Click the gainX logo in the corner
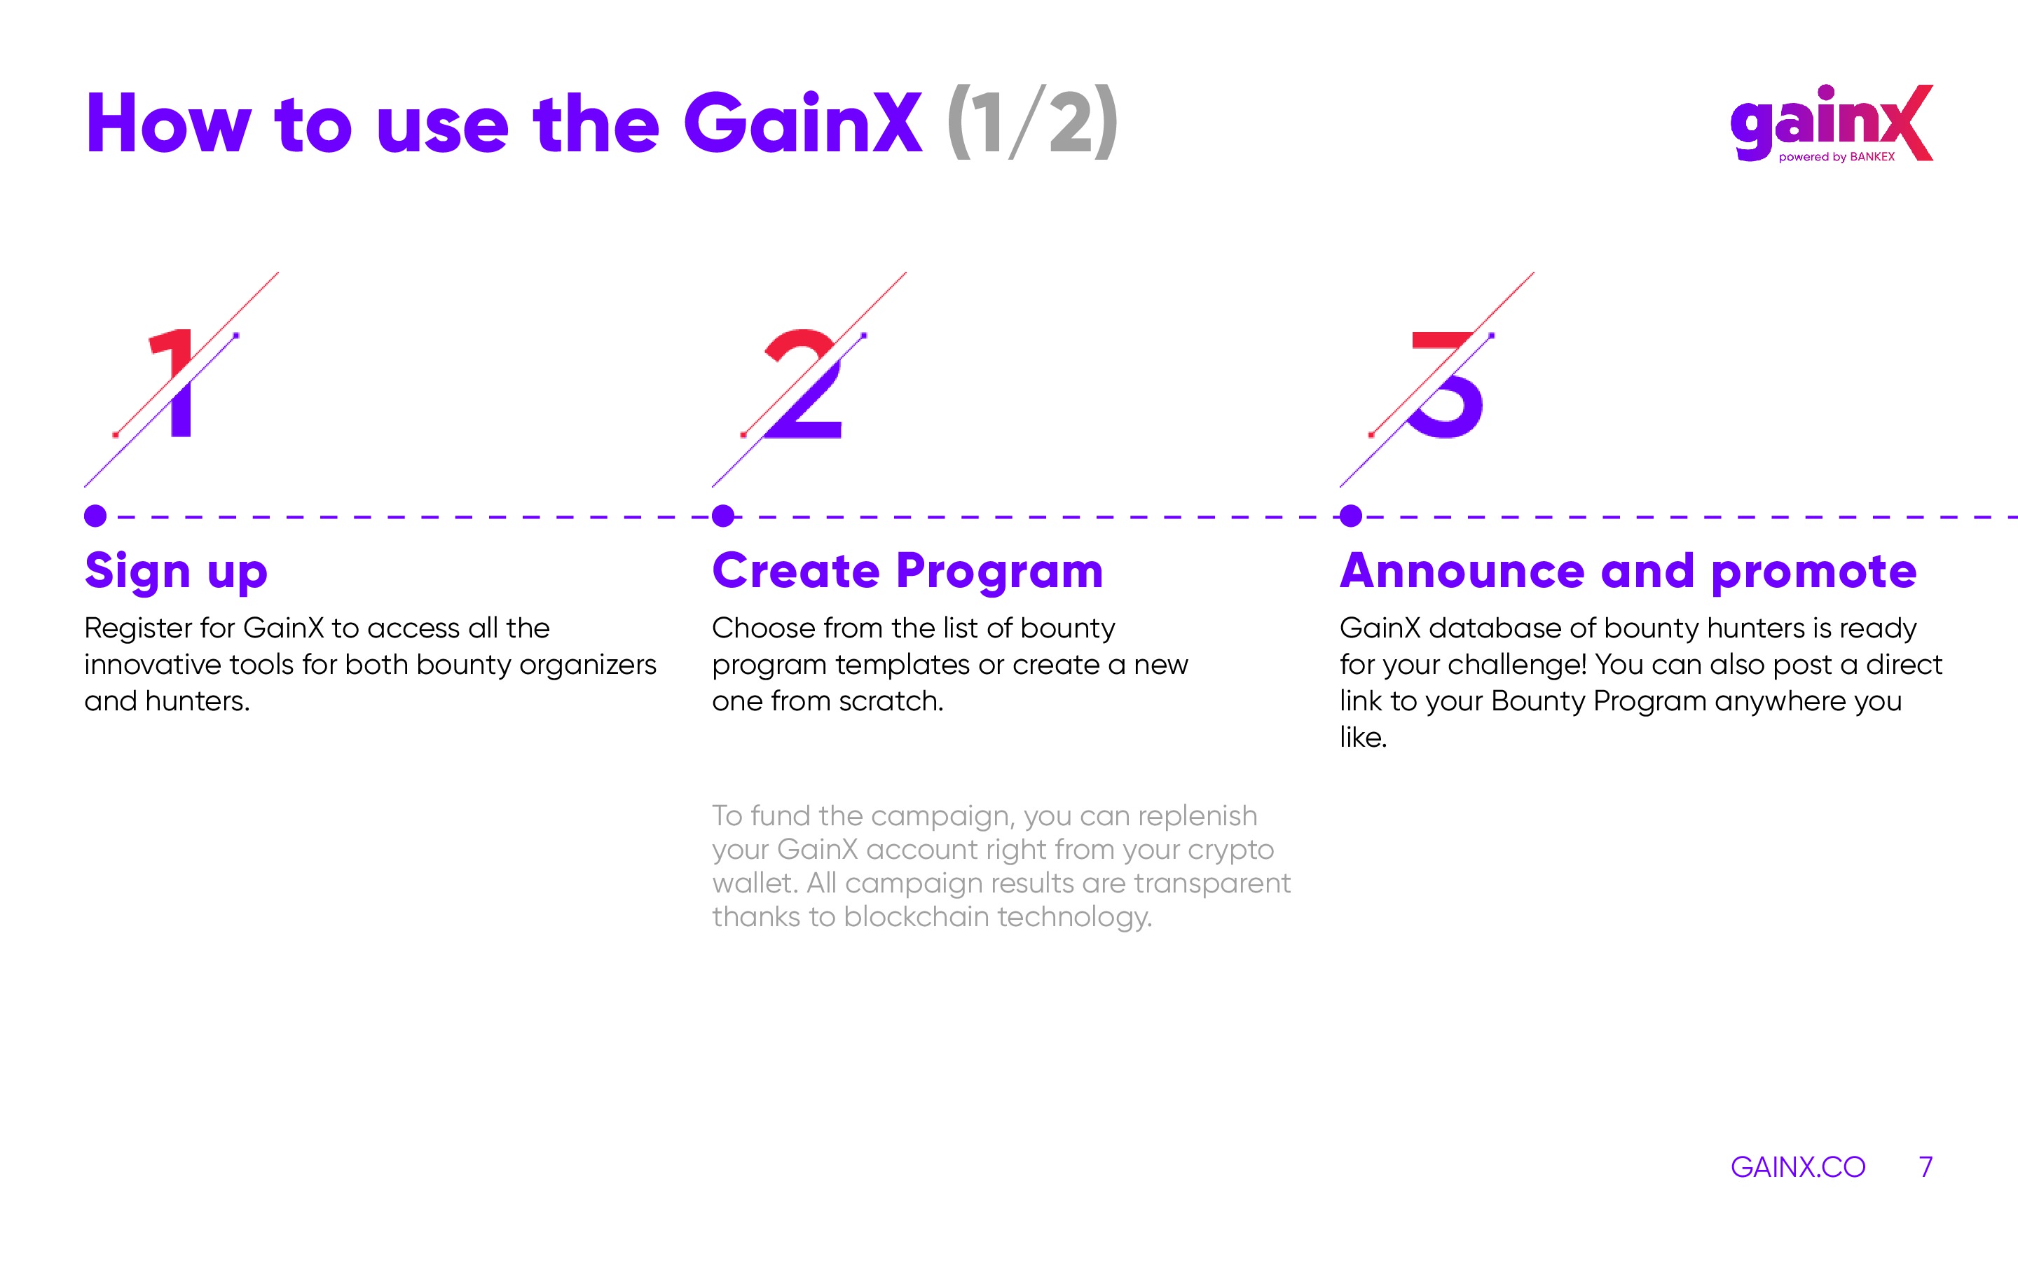click(1831, 123)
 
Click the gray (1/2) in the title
click(1032, 123)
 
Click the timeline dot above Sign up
click(95, 516)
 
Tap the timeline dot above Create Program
click(723, 516)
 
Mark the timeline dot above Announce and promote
click(1351, 516)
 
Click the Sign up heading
click(176, 573)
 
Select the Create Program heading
click(907, 573)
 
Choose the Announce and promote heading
click(1628, 572)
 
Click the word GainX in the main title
click(803, 123)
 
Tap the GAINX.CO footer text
click(1798, 1166)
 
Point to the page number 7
click(1926, 1166)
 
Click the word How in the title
click(167, 123)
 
